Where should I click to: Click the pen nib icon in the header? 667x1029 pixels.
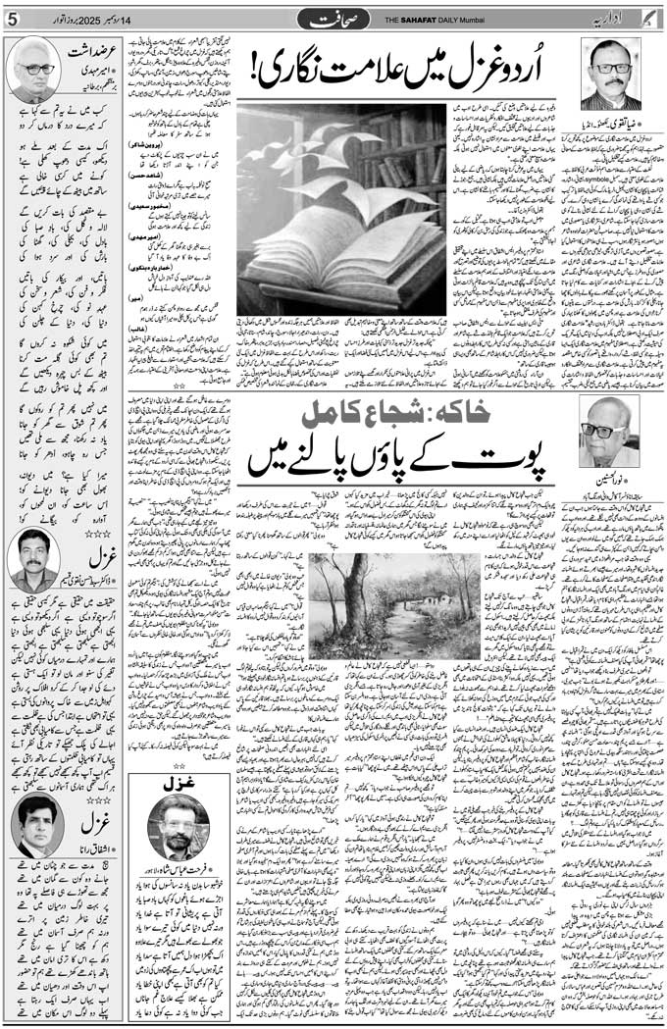click(x=650, y=19)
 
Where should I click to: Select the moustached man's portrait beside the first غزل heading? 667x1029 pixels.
click(x=34, y=560)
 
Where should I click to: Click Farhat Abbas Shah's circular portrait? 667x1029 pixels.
click(x=178, y=827)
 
